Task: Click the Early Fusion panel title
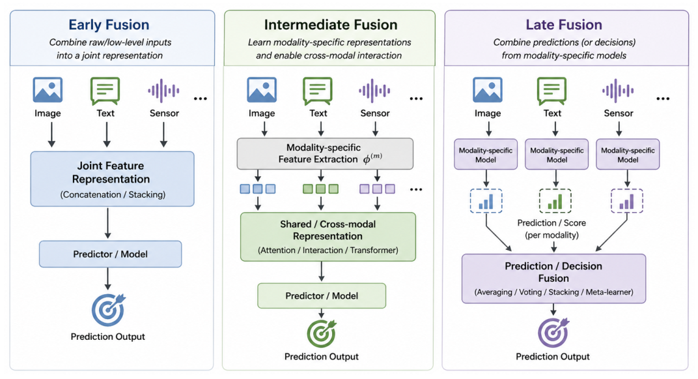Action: [109, 25]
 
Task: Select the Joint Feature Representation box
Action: [112, 179]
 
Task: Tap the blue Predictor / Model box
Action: [111, 254]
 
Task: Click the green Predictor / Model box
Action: [322, 296]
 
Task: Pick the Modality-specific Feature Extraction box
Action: [325, 154]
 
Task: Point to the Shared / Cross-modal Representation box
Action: [328, 237]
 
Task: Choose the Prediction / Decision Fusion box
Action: [553, 279]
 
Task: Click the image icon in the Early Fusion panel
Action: [48, 89]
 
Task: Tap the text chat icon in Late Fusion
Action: [552, 91]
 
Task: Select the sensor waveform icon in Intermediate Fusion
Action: [375, 91]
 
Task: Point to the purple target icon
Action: [553, 332]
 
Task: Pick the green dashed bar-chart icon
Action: [555, 201]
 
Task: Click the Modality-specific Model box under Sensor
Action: [628, 155]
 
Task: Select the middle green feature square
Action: [320, 189]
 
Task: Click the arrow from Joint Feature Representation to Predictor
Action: [107, 222]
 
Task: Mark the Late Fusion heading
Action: [564, 25]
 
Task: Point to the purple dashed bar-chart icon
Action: [627, 201]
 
